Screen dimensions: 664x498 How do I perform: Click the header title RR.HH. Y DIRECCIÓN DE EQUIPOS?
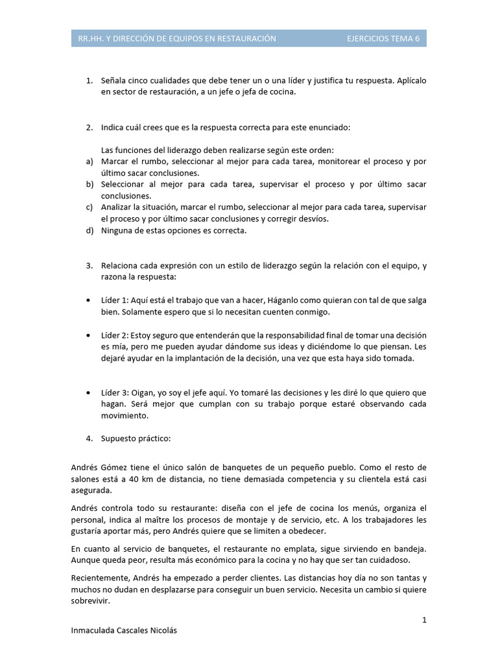click(x=177, y=39)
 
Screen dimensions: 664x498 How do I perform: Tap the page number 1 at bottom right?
click(x=424, y=620)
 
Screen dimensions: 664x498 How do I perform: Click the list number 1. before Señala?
click(x=89, y=80)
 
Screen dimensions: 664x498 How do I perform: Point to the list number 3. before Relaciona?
click(x=89, y=266)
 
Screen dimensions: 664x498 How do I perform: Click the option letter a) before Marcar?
click(x=89, y=161)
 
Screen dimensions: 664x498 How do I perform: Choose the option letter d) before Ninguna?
click(x=89, y=230)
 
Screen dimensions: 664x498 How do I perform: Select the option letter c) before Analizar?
click(x=89, y=207)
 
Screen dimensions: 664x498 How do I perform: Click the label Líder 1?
click(x=115, y=301)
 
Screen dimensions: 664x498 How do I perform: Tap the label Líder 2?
click(x=115, y=335)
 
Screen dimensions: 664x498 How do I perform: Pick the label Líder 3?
click(x=115, y=393)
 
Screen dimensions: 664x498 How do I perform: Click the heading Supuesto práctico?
click(x=136, y=438)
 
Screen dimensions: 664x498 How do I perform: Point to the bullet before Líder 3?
click(x=88, y=393)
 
